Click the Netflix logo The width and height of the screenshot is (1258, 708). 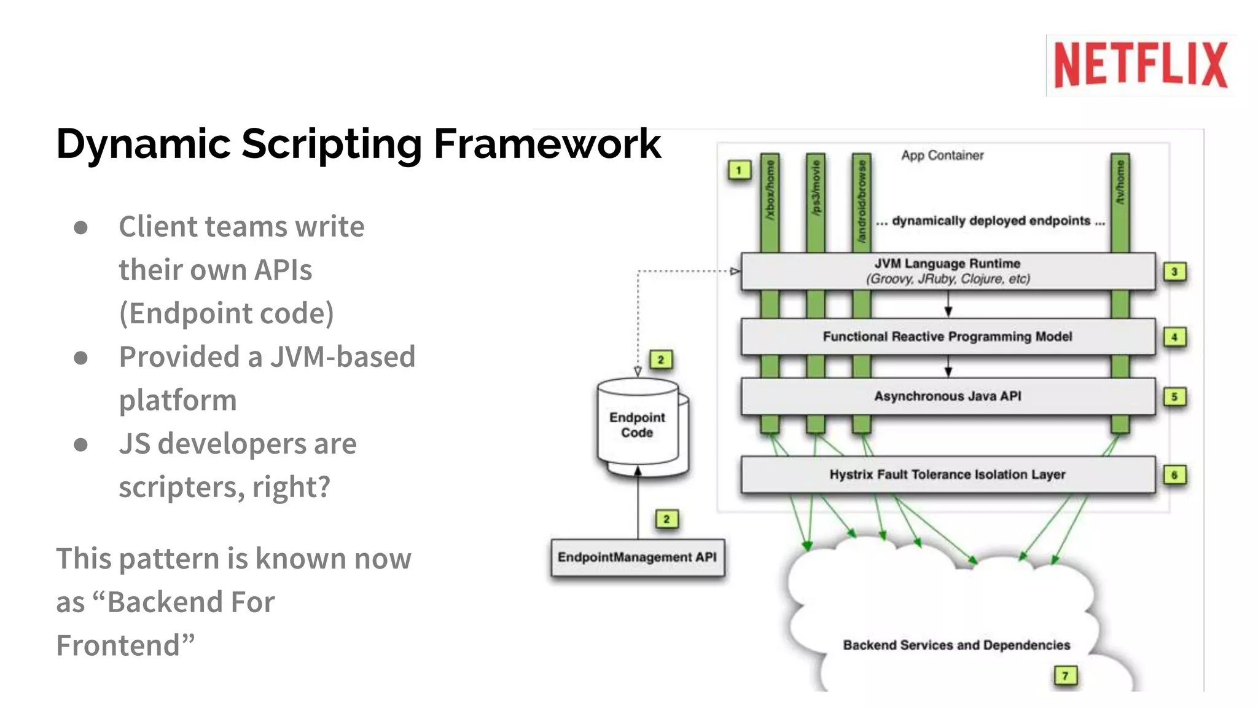click(x=1141, y=65)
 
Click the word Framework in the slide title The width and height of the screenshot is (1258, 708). click(x=547, y=144)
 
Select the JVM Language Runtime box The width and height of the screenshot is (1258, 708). click(x=948, y=271)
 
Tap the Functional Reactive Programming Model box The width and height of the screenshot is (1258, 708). click(x=948, y=337)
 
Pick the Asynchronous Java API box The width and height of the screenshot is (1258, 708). click(x=948, y=396)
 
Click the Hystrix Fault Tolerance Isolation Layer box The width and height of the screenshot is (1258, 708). click(x=948, y=474)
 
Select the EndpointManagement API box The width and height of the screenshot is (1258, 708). click(x=638, y=557)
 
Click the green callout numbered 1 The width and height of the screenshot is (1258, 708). click(x=739, y=170)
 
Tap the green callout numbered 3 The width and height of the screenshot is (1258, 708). click(x=1174, y=272)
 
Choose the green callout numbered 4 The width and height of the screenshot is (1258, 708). click(x=1174, y=337)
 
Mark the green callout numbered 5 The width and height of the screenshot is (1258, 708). click(x=1174, y=396)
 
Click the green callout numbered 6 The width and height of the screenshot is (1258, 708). click(x=1174, y=474)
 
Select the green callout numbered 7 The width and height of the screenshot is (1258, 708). click(x=1065, y=675)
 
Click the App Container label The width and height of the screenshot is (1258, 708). click(x=942, y=155)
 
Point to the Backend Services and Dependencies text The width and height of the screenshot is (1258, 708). click(x=956, y=645)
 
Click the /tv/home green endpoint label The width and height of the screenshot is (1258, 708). click(x=1120, y=183)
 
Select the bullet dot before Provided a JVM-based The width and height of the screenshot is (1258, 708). click(x=80, y=358)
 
